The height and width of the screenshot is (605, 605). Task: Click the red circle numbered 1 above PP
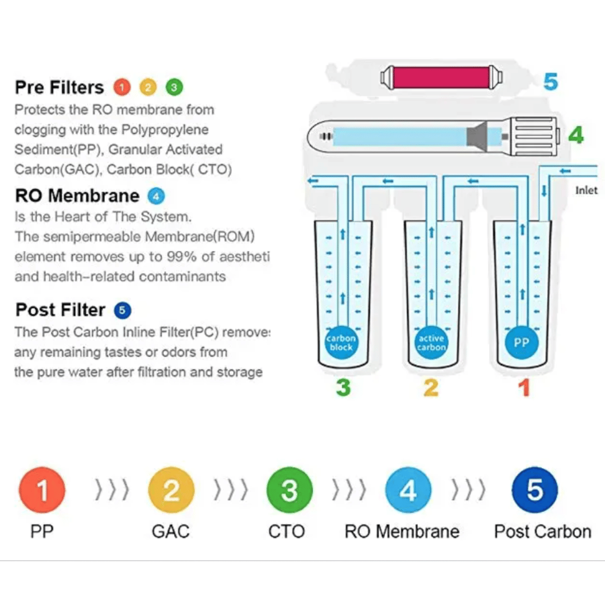point(42,490)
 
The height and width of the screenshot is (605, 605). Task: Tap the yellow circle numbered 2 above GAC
point(171,490)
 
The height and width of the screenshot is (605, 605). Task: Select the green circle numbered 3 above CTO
point(289,490)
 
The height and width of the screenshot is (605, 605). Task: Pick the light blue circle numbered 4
point(408,490)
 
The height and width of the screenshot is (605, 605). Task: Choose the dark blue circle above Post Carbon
point(535,490)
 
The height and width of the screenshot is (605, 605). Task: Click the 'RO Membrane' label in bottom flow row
point(402,531)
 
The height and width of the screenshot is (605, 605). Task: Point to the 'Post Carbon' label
point(542,531)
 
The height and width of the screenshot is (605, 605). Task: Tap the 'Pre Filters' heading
point(59,87)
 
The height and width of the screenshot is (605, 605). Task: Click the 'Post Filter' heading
point(61,310)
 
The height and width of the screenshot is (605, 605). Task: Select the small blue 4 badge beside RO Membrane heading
point(156,196)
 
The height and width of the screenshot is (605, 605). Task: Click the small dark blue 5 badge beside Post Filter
point(122,310)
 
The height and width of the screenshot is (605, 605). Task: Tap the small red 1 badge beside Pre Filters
point(122,87)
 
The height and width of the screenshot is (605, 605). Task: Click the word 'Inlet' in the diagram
point(586,190)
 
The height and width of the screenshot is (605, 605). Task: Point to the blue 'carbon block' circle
point(341,343)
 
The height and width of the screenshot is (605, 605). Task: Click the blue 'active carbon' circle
point(431,343)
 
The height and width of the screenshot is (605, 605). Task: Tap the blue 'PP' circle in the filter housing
point(521,343)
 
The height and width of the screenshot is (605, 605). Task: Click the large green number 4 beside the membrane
point(575,135)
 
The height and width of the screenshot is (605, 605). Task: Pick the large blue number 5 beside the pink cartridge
point(551,82)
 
